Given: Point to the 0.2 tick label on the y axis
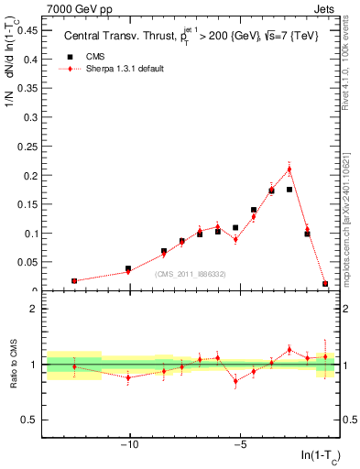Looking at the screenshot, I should point(30,175).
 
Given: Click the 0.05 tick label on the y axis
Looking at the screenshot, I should point(27,262).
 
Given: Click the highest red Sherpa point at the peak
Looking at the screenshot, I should point(289,169).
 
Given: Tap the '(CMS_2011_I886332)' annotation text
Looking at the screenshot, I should point(191,274).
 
